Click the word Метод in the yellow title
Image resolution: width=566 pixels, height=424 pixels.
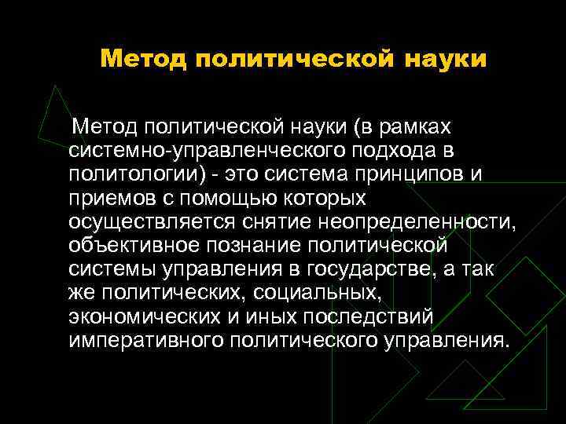[142, 59]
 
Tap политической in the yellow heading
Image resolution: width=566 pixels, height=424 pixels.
[295, 59]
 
